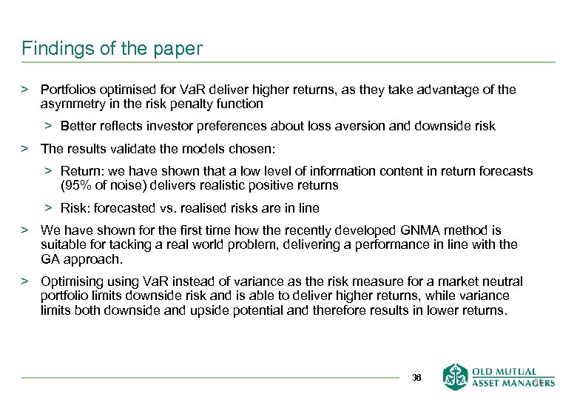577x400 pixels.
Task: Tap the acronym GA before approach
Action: pyautogui.click(x=51, y=259)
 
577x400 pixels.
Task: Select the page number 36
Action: pyautogui.click(x=416, y=377)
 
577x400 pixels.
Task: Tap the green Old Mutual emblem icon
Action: pyautogui.click(x=455, y=376)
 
